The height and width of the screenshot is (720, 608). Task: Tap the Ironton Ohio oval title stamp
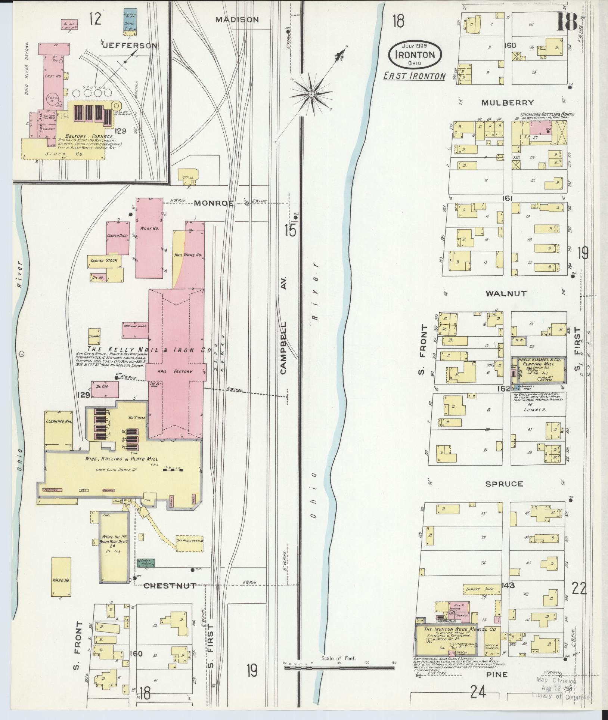tap(415, 55)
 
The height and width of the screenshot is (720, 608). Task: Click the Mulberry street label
tap(507, 102)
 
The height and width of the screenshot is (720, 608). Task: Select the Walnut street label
tap(506, 294)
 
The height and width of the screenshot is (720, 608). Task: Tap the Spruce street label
tap(504, 484)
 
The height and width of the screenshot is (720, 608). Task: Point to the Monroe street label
tap(214, 203)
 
